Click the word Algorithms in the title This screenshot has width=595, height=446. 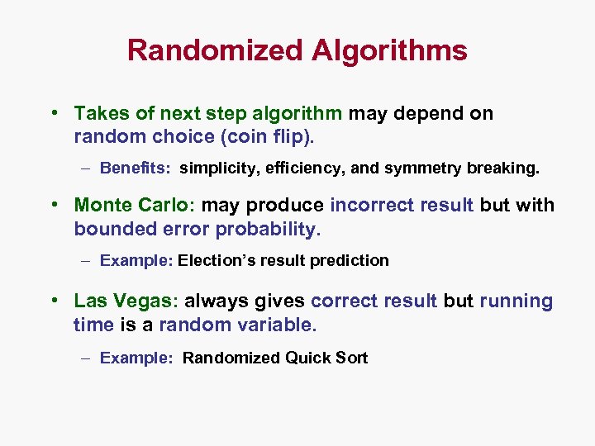(389, 51)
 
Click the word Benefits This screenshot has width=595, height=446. (135, 168)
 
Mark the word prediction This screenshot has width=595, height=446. (349, 260)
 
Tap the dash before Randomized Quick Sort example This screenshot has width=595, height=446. (87, 358)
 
